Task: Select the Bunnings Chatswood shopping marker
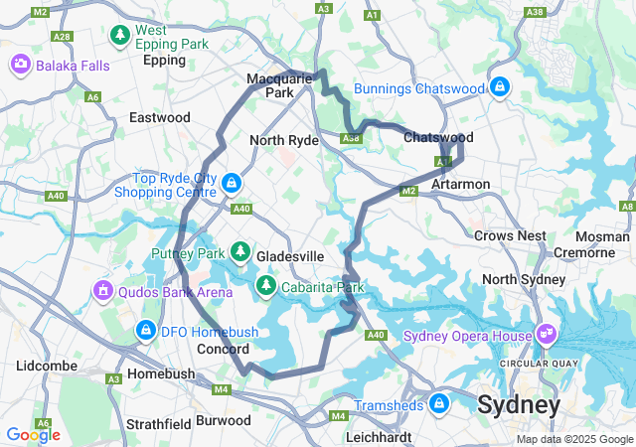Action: pos(500,88)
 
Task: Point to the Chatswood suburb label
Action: pos(438,137)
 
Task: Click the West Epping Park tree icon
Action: pos(120,36)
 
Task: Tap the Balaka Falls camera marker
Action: pos(20,65)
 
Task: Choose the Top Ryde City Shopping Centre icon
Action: pos(232,183)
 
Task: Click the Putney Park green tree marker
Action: pos(239,252)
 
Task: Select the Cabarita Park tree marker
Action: pos(266,287)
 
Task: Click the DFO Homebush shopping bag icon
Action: pos(145,330)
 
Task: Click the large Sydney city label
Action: pos(518,405)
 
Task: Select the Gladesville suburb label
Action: pos(290,256)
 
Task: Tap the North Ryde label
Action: pos(283,140)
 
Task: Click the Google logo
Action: pos(33,434)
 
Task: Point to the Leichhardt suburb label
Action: pos(378,436)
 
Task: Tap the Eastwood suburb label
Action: pos(159,117)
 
